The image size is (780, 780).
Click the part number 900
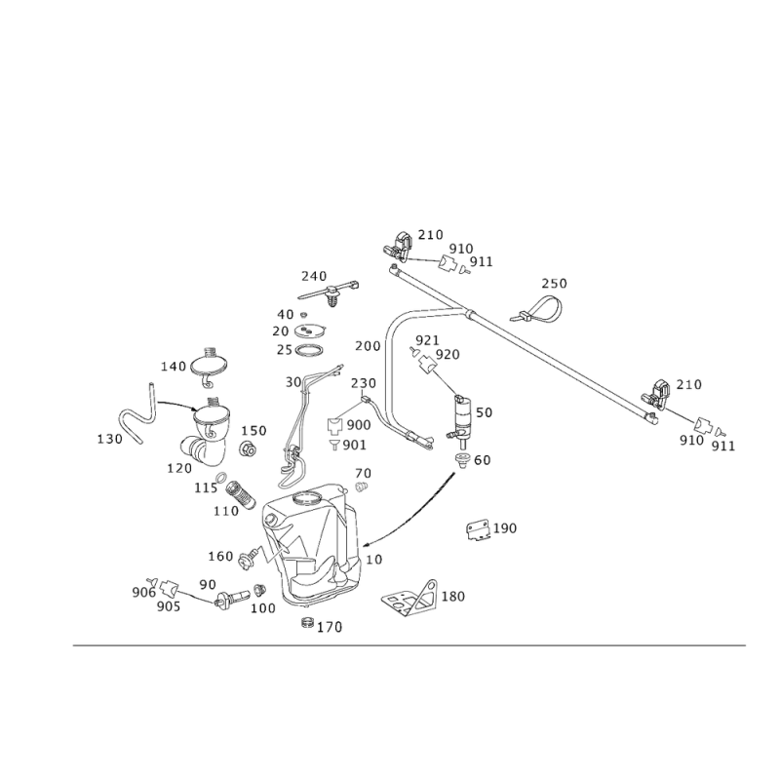click(x=358, y=426)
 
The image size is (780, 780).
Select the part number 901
click(x=355, y=446)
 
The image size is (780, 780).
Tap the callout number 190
click(x=505, y=527)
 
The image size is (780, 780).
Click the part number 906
click(x=142, y=591)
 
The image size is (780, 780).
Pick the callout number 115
click(x=204, y=487)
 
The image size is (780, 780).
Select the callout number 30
click(x=292, y=382)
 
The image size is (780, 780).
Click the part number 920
click(x=448, y=353)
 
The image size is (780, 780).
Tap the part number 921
click(x=426, y=338)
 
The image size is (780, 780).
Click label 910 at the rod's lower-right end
click(x=690, y=440)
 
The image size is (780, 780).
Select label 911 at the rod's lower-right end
click(x=721, y=445)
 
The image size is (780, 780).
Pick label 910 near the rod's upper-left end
click(x=460, y=250)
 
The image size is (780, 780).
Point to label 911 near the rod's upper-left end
click(x=481, y=261)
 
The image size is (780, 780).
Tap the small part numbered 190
click(x=478, y=528)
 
